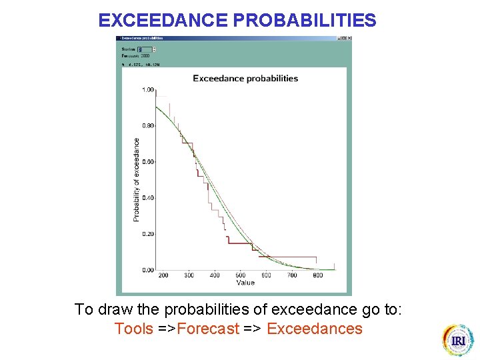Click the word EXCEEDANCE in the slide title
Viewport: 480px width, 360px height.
coord(163,21)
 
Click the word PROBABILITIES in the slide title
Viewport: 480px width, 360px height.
coord(305,21)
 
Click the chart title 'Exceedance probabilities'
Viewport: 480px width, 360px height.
coord(245,78)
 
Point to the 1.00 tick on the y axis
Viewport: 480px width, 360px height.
coord(147,89)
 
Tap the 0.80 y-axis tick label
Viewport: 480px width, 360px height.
coord(147,125)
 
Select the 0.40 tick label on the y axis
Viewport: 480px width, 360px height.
coord(147,198)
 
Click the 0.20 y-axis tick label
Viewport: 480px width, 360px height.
coord(147,234)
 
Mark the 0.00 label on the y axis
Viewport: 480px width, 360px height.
coord(147,270)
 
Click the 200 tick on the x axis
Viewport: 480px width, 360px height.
coord(163,275)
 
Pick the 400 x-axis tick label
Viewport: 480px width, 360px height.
coord(215,275)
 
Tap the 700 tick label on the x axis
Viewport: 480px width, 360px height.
coord(292,275)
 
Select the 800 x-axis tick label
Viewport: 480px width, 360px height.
coord(318,275)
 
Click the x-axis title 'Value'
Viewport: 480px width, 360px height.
coord(245,283)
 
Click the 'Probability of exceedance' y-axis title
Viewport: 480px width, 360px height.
coord(137,180)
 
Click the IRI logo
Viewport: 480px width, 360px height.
coord(458,340)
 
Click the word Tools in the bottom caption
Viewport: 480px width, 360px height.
coord(133,329)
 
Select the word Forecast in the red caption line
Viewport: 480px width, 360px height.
coord(208,329)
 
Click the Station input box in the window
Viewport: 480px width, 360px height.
coord(144,49)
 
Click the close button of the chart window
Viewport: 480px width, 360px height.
coord(349,38)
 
